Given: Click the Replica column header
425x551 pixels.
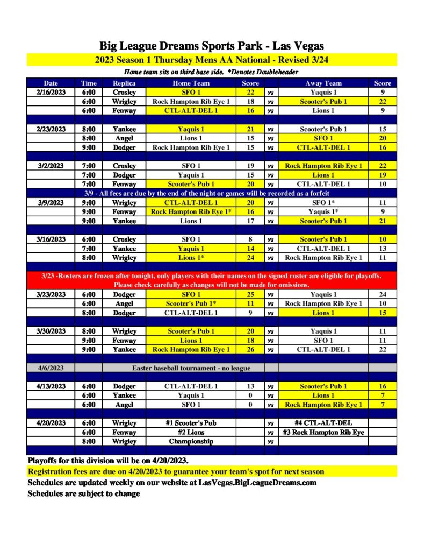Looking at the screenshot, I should pyautogui.click(x=124, y=83).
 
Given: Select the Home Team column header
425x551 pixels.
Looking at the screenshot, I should pyautogui.click(x=191, y=83).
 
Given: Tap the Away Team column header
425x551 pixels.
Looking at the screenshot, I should pyautogui.click(x=323, y=83).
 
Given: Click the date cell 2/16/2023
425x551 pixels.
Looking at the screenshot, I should pyautogui.click(x=51, y=93).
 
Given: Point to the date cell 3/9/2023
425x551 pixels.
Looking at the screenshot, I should pyautogui.click(x=51, y=203).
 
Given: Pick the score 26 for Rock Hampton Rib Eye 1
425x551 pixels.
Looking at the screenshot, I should pyautogui.click(x=250, y=350).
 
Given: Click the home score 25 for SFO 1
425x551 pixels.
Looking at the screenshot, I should pyautogui.click(x=250, y=295).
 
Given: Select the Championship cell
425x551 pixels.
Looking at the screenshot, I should pyautogui.click(x=191, y=441).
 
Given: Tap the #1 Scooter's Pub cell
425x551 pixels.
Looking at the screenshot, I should pyautogui.click(x=191, y=423).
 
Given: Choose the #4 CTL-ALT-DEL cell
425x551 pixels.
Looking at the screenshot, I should pyautogui.click(x=323, y=423).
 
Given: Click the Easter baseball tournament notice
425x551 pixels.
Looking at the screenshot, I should pyautogui.click(x=191, y=368).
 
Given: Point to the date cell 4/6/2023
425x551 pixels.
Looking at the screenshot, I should pyautogui.click(x=51, y=368).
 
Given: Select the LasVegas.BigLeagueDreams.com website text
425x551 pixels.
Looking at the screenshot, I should pyautogui.click(x=257, y=483).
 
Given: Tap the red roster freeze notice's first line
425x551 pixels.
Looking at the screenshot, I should pyautogui.click(x=212, y=276).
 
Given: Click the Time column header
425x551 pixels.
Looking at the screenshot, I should pyautogui.click(x=89, y=83).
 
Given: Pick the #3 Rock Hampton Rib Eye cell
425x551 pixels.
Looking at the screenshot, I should pyautogui.click(x=323, y=432).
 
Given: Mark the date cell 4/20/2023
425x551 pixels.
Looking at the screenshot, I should pyautogui.click(x=51, y=423).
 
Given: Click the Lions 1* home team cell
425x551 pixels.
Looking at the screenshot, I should pyautogui.click(x=191, y=258).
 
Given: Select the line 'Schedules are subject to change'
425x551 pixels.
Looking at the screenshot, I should pyautogui.click(x=84, y=494).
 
